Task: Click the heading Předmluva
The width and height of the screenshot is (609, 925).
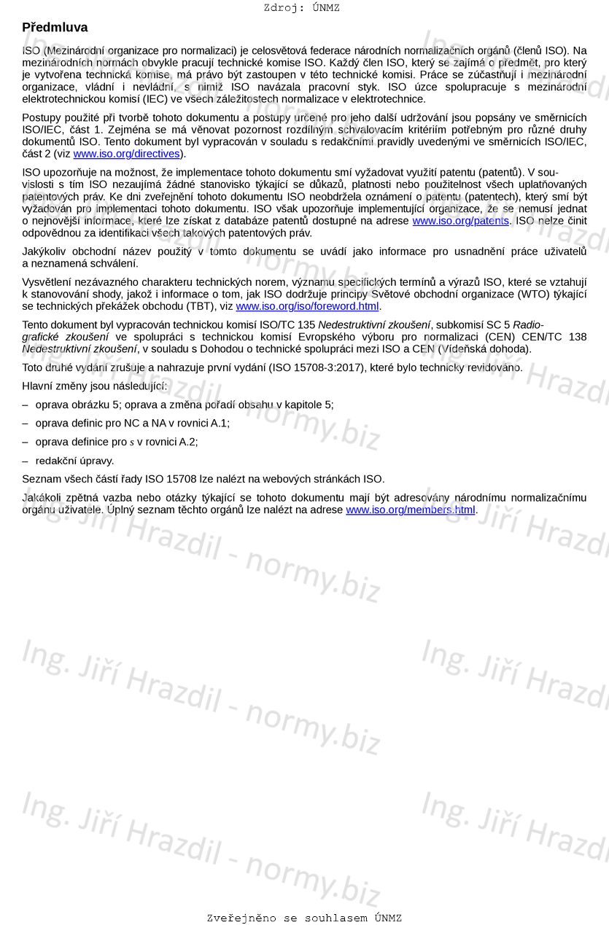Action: pos(55,28)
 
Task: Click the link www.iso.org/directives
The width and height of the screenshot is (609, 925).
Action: pos(126,154)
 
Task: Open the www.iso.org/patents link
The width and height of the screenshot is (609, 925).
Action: pos(460,221)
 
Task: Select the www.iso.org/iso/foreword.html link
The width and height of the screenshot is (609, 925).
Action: pos(307,306)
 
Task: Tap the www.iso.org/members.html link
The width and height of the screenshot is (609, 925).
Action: pos(410,510)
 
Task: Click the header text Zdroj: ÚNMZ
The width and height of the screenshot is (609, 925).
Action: pos(301,8)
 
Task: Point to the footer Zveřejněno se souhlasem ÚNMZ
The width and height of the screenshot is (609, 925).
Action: pos(304,918)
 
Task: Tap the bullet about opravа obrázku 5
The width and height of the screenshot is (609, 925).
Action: pos(185,405)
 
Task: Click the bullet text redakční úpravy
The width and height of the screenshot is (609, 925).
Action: pos(74,461)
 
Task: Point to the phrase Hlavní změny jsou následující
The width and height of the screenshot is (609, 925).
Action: pos(94,386)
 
